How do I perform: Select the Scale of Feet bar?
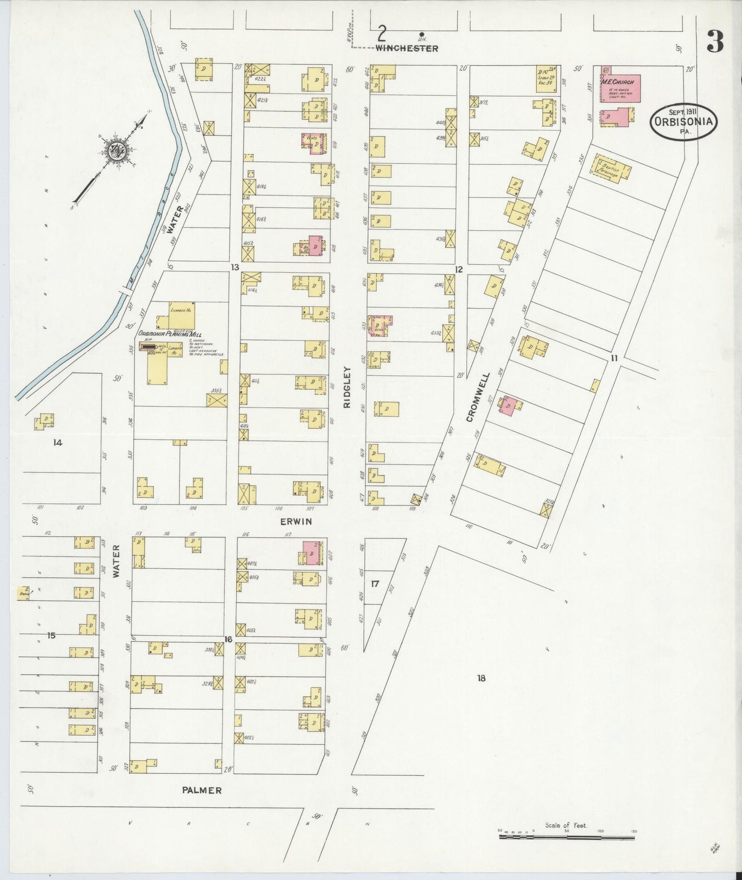[566, 837]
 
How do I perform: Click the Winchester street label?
[407, 49]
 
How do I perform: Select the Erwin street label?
[296, 522]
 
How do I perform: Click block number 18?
[481, 678]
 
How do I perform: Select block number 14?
[58, 443]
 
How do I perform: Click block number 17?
[375, 584]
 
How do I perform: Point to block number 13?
[235, 267]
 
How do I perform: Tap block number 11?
[614, 358]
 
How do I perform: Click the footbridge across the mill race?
[124, 292]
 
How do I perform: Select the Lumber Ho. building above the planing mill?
[182, 314]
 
